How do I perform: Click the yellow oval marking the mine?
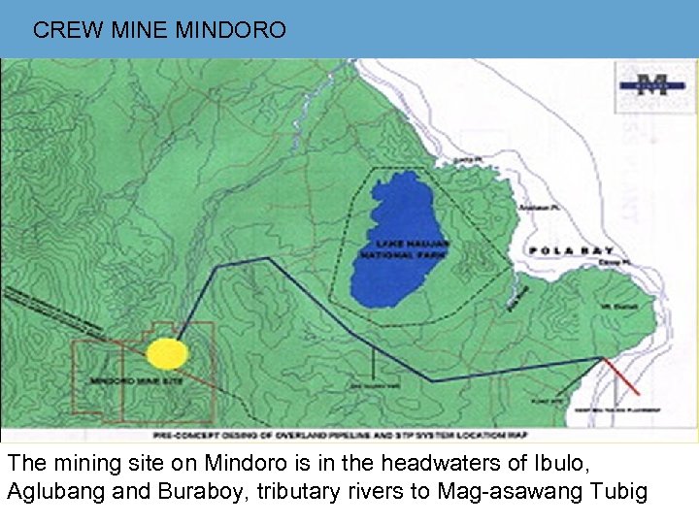tap(167, 354)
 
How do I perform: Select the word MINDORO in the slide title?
tap(231, 30)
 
